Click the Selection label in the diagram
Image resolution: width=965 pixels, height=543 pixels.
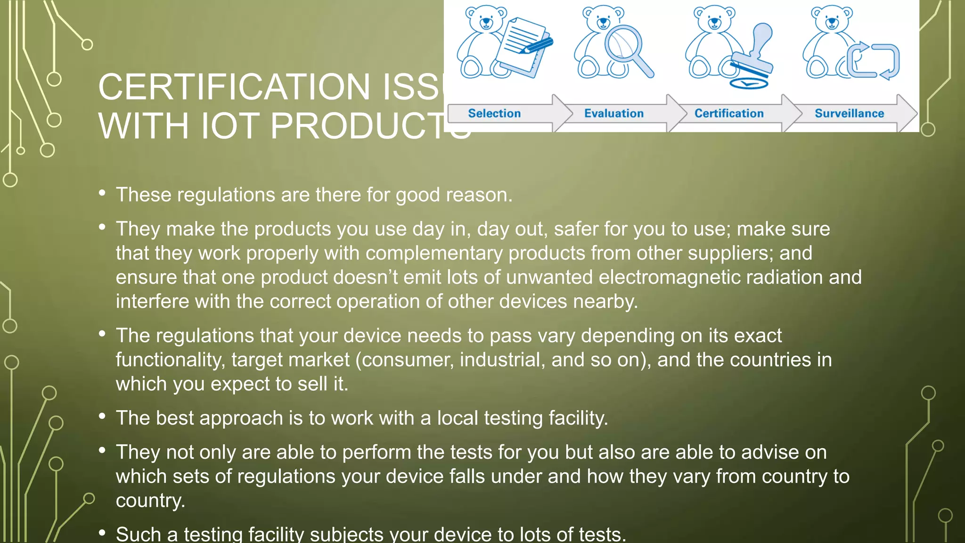click(x=494, y=114)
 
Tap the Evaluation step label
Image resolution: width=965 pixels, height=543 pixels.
click(x=613, y=114)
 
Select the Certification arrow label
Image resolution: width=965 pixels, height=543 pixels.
click(x=729, y=114)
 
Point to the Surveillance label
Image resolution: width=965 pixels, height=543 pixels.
click(x=849, y=114)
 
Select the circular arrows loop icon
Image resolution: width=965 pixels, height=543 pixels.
click(x=874, y=61)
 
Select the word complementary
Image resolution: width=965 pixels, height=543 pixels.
click(x=433, y=253)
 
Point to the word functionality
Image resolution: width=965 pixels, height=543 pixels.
click(x=170, y=360)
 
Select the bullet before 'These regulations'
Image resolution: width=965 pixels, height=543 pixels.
click(x=102, y=193)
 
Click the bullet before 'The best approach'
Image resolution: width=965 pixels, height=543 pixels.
click(x=102, y=416)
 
